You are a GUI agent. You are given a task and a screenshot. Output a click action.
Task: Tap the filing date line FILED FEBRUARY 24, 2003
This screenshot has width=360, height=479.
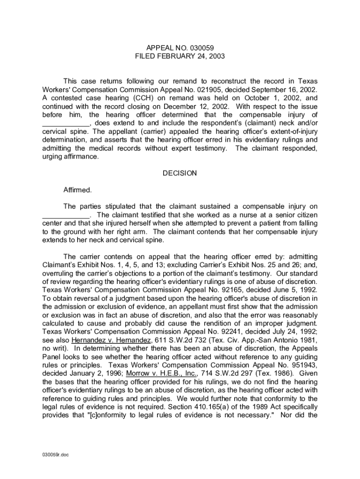tap(180, 56)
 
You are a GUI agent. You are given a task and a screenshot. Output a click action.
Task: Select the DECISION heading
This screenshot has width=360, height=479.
tap(180, 173)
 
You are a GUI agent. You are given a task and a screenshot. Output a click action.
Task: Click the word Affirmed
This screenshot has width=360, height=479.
tap(78, 190)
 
